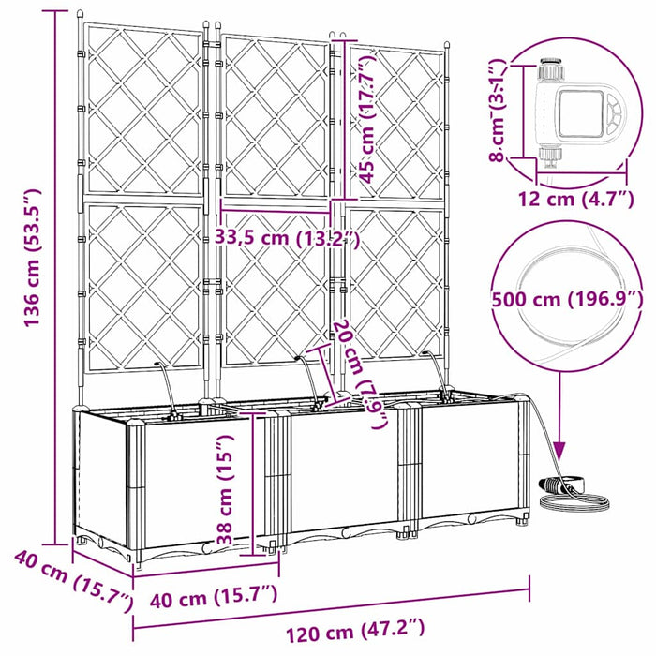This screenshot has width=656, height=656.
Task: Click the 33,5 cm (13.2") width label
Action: coord(287,237)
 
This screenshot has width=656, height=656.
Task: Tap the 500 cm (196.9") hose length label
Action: coord(568,299)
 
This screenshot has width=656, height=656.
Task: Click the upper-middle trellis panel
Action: coord(275,112)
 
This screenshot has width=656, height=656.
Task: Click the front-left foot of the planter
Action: coord(140,562)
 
